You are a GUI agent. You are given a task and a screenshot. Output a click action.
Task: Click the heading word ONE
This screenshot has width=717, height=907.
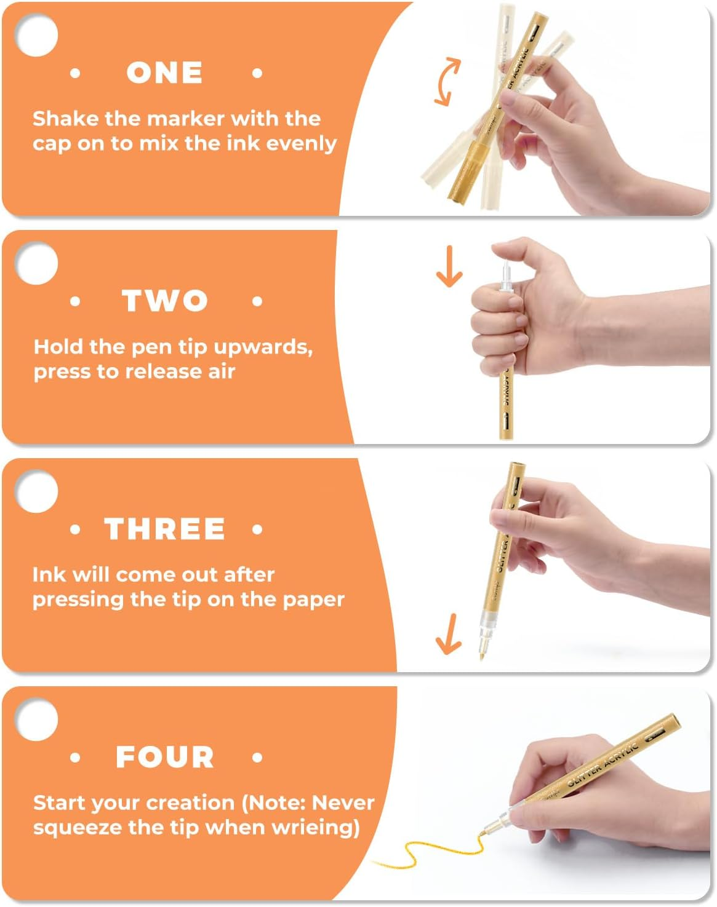(164, 73)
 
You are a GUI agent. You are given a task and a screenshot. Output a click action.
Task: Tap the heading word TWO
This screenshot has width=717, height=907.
(165, 301)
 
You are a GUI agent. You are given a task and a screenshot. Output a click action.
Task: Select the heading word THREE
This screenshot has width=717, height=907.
(164, 529)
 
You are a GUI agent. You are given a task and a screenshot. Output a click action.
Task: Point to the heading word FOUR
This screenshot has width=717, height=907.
(165, 756)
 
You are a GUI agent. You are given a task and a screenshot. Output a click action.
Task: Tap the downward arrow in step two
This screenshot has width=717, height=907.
(449, 266)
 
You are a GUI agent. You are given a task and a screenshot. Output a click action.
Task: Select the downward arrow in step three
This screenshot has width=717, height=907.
(449, 633)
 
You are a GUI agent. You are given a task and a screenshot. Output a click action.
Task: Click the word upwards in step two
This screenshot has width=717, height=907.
(263, 347)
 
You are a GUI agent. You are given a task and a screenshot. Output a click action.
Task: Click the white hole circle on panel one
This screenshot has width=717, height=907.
(36, 35)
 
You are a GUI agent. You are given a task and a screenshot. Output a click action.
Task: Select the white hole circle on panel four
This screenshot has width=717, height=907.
(36, 719)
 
